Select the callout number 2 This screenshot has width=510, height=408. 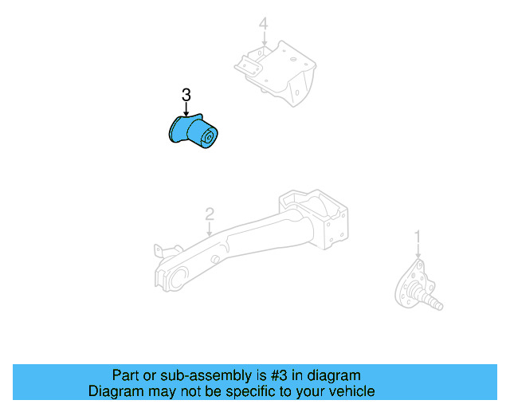(209, 214)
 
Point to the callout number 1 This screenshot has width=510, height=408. (417, 237)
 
